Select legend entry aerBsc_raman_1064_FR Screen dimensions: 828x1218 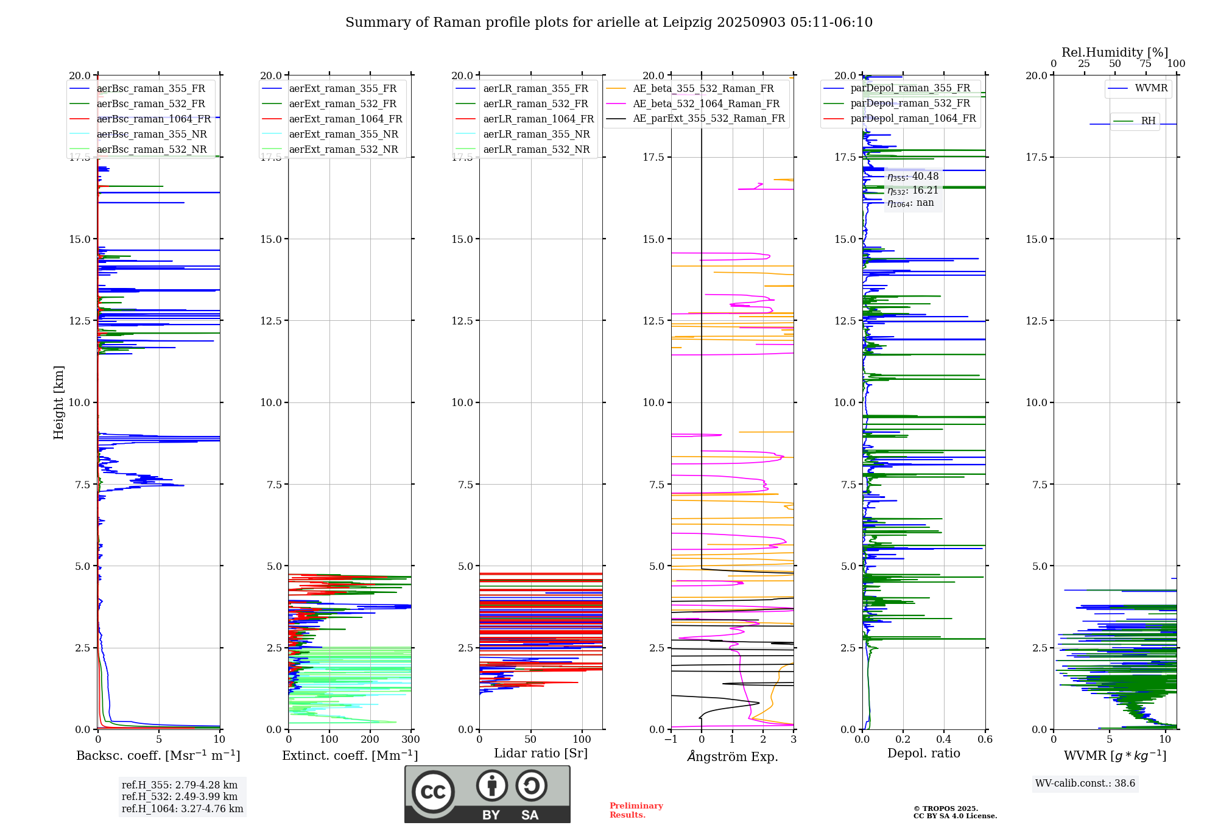(153, 119)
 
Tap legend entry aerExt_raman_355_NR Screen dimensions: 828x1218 (343, 135)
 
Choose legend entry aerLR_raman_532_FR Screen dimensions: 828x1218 (535, 104)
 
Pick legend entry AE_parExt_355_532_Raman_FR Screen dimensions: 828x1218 (709, 119)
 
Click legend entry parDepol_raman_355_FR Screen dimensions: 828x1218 (910, 88)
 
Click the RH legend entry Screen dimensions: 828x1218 (1148, 121)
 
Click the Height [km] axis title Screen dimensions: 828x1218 (58, 402)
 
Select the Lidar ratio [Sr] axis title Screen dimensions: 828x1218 (540, 754)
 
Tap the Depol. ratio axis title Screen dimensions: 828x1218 (923, 754)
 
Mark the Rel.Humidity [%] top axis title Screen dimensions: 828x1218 (1114, 52)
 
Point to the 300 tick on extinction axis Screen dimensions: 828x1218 (410, 740)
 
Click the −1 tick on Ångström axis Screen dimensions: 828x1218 (671, 740)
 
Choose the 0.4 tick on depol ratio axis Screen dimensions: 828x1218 (944, 740)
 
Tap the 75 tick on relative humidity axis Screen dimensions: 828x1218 (1145, 64)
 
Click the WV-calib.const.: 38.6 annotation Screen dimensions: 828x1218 (1085, 784)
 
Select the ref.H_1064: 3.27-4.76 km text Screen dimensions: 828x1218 (182, 809)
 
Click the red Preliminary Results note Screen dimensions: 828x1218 (636, 810)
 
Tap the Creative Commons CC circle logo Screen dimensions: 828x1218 (433, 792)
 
